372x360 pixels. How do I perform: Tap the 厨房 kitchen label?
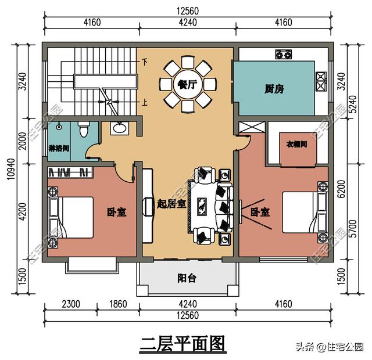[274, 89]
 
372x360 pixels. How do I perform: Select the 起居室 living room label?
[171, 203]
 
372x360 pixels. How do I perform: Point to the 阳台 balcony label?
[186, 278]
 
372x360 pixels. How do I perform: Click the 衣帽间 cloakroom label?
[296, 143]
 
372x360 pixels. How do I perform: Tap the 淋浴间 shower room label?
[59, 148]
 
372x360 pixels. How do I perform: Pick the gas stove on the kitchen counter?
[283, 55]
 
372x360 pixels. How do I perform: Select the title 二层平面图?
[182, 344]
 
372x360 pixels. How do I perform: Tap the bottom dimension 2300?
[73, 303]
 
